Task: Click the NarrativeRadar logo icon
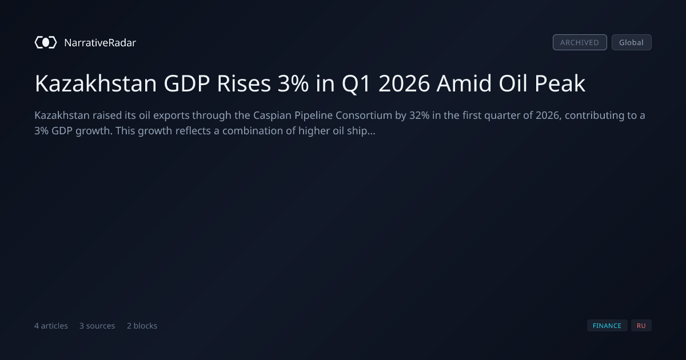click(x=46, y=42)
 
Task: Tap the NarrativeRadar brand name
click(x=100, y=42)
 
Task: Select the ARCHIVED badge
click(x=580, y=42)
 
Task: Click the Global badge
click(x=632, y=42)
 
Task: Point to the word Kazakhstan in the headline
click(x=96, y=83)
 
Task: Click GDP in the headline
click(x=187, y=83)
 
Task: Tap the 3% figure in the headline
click(x=293, y=83)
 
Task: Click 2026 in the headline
click(x=404, y=83)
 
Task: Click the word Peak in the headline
click(x=560, y=83)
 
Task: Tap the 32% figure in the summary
click(x=420, y=115)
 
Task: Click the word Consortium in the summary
click(x=364, y=115)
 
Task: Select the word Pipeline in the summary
click(x=314, y=116)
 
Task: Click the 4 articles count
click(x=51, y=326)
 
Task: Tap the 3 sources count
click(x=97, y=326)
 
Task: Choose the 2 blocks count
click(x=142, y=326)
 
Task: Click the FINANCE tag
click(x=607, y=326)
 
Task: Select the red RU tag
click(x=641, y=326)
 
